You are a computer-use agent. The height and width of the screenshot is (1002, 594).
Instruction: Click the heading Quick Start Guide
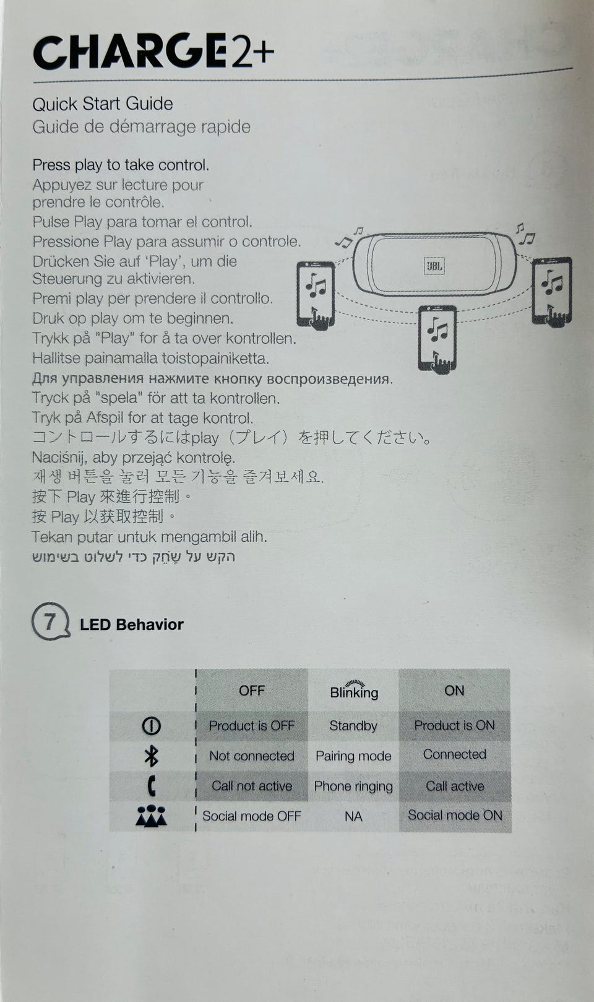(x=102, y=104)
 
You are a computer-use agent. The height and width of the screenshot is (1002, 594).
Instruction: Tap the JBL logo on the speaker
(x=434, y=266)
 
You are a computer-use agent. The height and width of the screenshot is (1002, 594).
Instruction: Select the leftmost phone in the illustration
(x=316, y=295)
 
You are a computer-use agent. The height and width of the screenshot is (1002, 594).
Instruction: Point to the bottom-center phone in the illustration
(x=437, y=339)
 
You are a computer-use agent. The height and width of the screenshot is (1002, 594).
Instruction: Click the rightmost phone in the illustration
(x=551, y=291)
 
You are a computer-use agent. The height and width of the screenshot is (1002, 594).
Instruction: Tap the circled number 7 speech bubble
(x=51, y=621)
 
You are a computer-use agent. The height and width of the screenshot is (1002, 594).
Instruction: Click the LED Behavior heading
(x=131, y=624)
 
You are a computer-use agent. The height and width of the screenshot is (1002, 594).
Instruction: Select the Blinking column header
(x=354, y=691)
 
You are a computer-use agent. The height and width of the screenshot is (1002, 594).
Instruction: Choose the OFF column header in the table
(x=252, y=691)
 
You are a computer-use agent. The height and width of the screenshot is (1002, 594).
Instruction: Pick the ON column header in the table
(x=454, y=691)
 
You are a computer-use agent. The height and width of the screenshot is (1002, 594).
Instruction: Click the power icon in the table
(x=151, y=726)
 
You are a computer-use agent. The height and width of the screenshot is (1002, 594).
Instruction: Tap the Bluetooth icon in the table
(x=151, y=756)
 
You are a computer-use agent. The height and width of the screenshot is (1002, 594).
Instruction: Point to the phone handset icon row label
(x=152, y=786)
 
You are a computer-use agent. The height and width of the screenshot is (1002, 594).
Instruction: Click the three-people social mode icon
(x=151, y=816)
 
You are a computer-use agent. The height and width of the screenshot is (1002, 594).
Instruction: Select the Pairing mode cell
(x=353, y=756)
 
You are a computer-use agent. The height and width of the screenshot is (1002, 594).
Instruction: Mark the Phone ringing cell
(x=353, y=786)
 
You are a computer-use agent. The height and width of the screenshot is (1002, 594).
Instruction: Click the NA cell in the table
(x=353, y=816)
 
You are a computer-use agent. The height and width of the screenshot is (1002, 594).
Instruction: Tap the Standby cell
(x=353, y=726)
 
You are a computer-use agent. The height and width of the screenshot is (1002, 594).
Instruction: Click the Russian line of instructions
(x=212, y=379)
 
